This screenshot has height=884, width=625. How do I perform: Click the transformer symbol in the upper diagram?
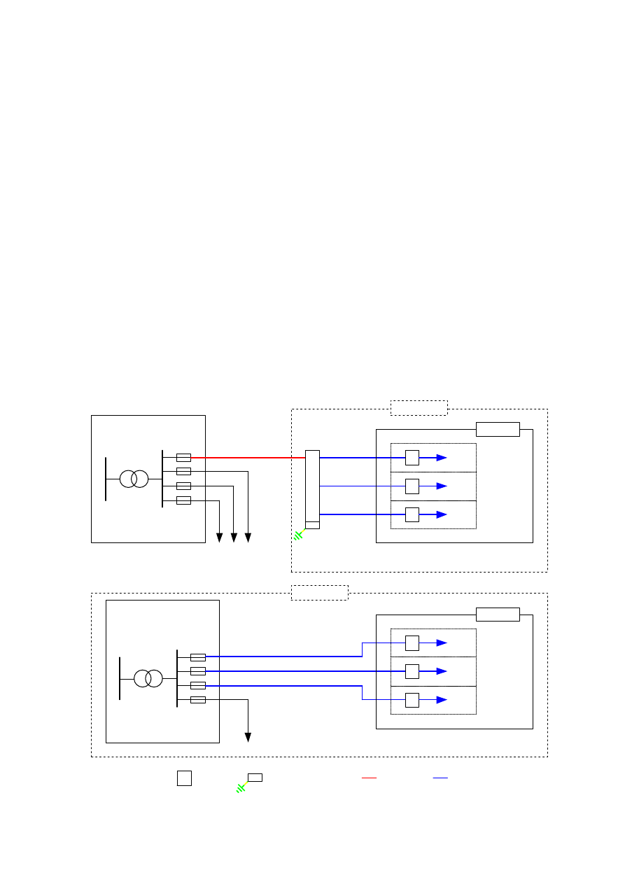(134, 479)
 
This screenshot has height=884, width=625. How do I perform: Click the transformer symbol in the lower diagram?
(148, 678)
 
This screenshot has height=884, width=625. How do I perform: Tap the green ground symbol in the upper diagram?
(299, 535)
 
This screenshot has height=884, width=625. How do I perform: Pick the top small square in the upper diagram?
(412, 458)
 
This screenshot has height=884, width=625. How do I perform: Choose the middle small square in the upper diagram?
(412, 486)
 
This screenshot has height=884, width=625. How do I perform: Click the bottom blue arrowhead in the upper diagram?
(442, 514)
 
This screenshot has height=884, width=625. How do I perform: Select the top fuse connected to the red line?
(183, 457)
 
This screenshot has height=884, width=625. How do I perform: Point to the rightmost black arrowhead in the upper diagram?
(248, 538)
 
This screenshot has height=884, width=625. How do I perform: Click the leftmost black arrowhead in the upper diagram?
(219, 538)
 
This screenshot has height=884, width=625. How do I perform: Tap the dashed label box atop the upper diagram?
(419, 408)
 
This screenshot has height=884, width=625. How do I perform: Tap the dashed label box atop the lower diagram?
(319, 593)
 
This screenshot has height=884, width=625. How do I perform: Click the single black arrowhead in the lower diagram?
(248, 737)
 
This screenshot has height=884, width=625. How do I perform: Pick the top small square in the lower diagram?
(412, 643)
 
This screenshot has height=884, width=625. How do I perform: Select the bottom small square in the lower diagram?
(412, 700)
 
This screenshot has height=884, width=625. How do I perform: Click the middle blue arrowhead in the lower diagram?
(442, 671)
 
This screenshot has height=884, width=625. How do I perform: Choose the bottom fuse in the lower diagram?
(198, 700)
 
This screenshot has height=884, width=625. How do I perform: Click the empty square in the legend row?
(184, 778)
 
